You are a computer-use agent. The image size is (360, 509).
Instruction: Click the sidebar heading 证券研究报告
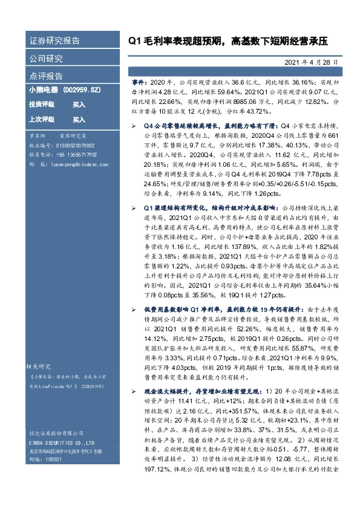coord(54,41)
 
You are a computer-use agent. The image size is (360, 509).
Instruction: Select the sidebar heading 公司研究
coord(46,59)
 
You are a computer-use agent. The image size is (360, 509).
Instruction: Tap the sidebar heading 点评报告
coord(46,76)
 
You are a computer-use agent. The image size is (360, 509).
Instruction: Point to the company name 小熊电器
coord(42,89)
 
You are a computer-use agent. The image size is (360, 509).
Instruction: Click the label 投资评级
coord(42,104)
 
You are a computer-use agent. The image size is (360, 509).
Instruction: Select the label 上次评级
coord(42,119)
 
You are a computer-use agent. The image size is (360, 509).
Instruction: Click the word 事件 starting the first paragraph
coord(139,80)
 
